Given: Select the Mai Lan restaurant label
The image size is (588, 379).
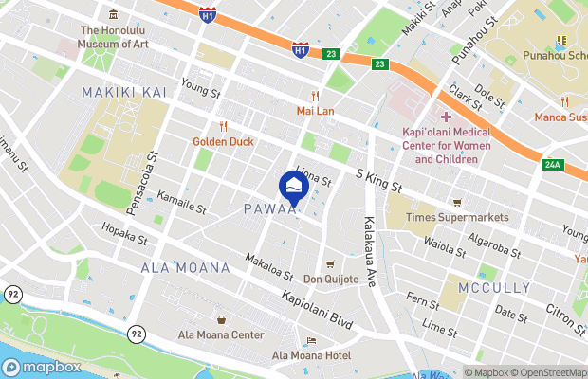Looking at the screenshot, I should tap(315, 110).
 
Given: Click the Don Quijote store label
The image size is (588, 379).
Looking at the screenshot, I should tap(331, 279).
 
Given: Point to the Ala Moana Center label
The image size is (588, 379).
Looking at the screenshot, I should tap(221, 335).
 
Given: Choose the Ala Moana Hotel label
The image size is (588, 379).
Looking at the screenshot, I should tap(311, 355).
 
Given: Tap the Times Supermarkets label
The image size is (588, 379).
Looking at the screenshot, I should tap(457, 217).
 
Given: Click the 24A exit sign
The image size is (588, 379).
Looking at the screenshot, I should tap(553, 165).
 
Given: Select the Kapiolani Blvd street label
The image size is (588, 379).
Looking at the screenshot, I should tap(317, 310).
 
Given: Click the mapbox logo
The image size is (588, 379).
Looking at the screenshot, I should tap(41, 367).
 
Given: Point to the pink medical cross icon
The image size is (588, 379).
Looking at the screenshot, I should tap(446, 117).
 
